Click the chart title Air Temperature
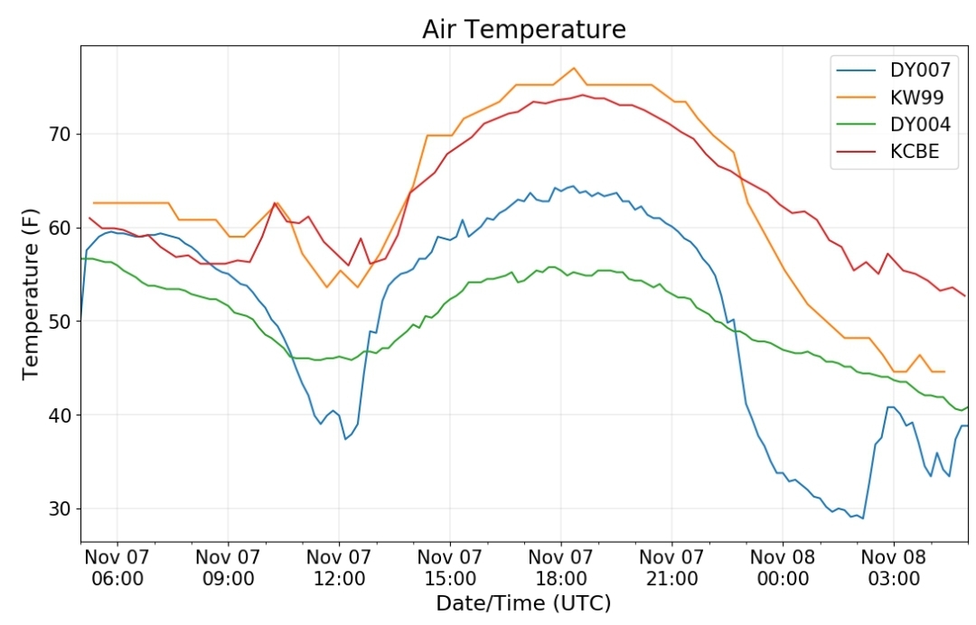(523, 29)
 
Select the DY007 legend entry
(893, 70)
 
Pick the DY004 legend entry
(893, 125)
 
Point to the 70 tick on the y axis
(60, 135)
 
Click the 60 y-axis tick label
(60, 228)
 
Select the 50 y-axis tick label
(60, 322)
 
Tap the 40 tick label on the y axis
(60, 415)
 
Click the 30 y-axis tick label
(60, 508)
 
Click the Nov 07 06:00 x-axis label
(117, 567)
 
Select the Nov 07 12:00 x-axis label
(339, 567)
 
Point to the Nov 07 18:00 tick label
(561, 567)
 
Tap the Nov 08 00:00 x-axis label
(783, 567)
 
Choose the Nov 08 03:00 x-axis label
(894, 567)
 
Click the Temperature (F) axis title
(30, 294)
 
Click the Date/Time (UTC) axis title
(523, 602)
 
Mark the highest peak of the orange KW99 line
(574, 68)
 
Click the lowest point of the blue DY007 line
(863, 518)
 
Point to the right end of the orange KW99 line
(944, 372)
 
